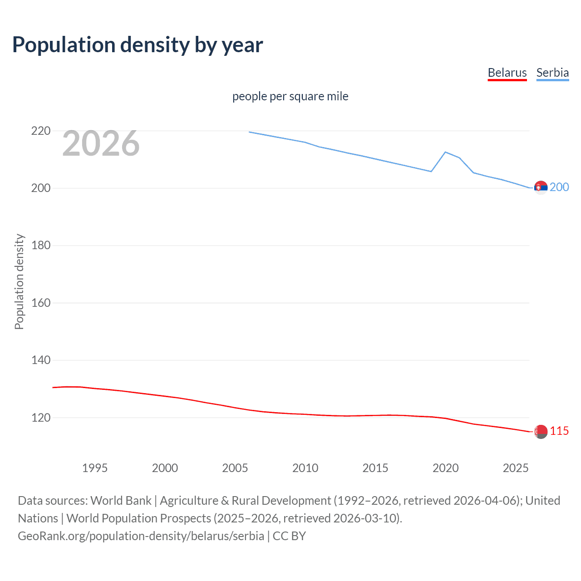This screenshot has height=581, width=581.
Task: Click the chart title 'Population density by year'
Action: tap(138, 45)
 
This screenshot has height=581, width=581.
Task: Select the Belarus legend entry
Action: tap(507, 73)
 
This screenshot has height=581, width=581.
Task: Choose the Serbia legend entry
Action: tap(552, 73)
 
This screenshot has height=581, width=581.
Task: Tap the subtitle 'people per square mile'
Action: tap(290, 96)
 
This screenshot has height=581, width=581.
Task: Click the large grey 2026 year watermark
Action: tap(101, 143)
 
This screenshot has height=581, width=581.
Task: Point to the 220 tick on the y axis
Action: tap(41, 131)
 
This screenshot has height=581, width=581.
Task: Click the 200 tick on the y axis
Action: tap(41, 188)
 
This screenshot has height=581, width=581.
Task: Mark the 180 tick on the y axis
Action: tap(41, 246)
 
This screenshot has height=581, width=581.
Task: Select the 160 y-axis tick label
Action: tap(41, 303)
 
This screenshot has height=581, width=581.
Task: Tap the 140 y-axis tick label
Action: tap(41, 360)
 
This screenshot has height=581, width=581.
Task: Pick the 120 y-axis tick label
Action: tap(41, 418)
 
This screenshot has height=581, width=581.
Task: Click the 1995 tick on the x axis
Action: tap(94, 468)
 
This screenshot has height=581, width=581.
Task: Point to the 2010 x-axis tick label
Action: tap(305, 468)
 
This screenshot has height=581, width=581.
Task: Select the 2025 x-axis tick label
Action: tap(516, 468)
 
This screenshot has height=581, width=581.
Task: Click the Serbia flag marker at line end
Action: tap(541, 187)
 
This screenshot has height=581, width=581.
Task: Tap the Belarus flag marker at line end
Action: tap(541, 432)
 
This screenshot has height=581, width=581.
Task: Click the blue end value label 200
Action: tap(559, 187)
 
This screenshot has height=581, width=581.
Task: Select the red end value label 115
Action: tap(559, 431)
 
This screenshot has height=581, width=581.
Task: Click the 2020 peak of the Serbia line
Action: tap(445, 152)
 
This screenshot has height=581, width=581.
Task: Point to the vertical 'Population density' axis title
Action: tap(19, 281)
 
